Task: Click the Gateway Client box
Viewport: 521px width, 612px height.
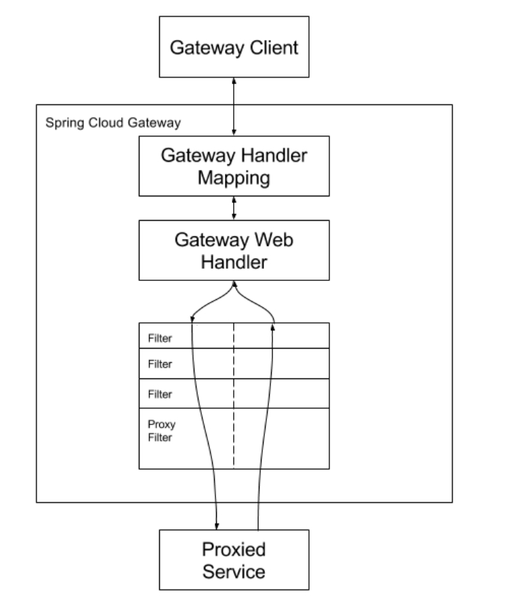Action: click(234, 48)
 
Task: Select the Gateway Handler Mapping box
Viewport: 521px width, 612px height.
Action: click(234, 166)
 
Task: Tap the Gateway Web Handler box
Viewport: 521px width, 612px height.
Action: click(234, 250)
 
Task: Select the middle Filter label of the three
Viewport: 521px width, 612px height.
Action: click(160, 364)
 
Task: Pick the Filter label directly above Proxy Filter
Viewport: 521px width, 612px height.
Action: click(160, 394)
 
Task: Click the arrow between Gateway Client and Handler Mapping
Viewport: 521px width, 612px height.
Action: click(234, 106)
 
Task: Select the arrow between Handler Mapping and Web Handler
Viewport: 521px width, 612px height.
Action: click(234, 207)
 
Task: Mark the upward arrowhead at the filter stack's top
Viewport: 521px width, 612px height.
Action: click(273, 327)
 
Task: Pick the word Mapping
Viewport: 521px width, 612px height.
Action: click(234, 178)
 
